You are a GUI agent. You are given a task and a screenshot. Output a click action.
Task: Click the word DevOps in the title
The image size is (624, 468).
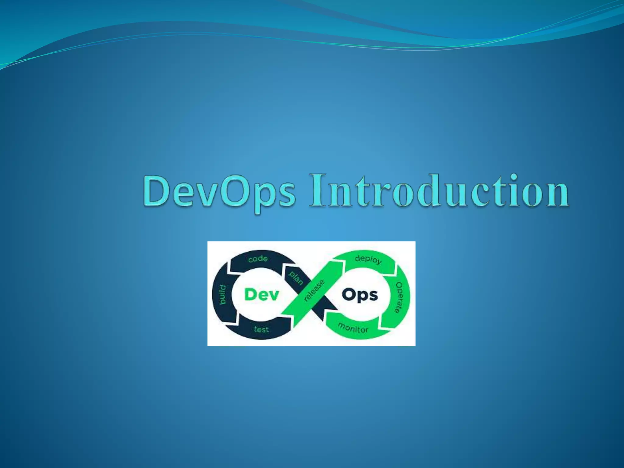[x=219, y=192]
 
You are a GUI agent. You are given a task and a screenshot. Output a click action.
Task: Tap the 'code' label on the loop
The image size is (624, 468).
[x=258, y=259]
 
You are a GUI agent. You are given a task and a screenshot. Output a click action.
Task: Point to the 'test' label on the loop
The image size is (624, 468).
[x=261, y=329]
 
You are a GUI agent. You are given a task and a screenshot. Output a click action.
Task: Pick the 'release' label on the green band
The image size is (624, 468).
[x=314, y=291]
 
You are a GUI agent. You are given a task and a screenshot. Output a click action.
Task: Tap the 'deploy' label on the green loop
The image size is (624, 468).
[x=368, y=259]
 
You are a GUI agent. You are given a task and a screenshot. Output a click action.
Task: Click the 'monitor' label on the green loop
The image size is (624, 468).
[x=353, y=328]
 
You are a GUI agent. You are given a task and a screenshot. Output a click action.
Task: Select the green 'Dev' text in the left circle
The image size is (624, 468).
[x=262, y=295]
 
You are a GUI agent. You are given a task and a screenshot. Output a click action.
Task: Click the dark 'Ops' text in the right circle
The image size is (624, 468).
[x=360, y=295]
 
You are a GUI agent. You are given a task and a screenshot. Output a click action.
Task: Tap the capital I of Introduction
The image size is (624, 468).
[x=317, y=190]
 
